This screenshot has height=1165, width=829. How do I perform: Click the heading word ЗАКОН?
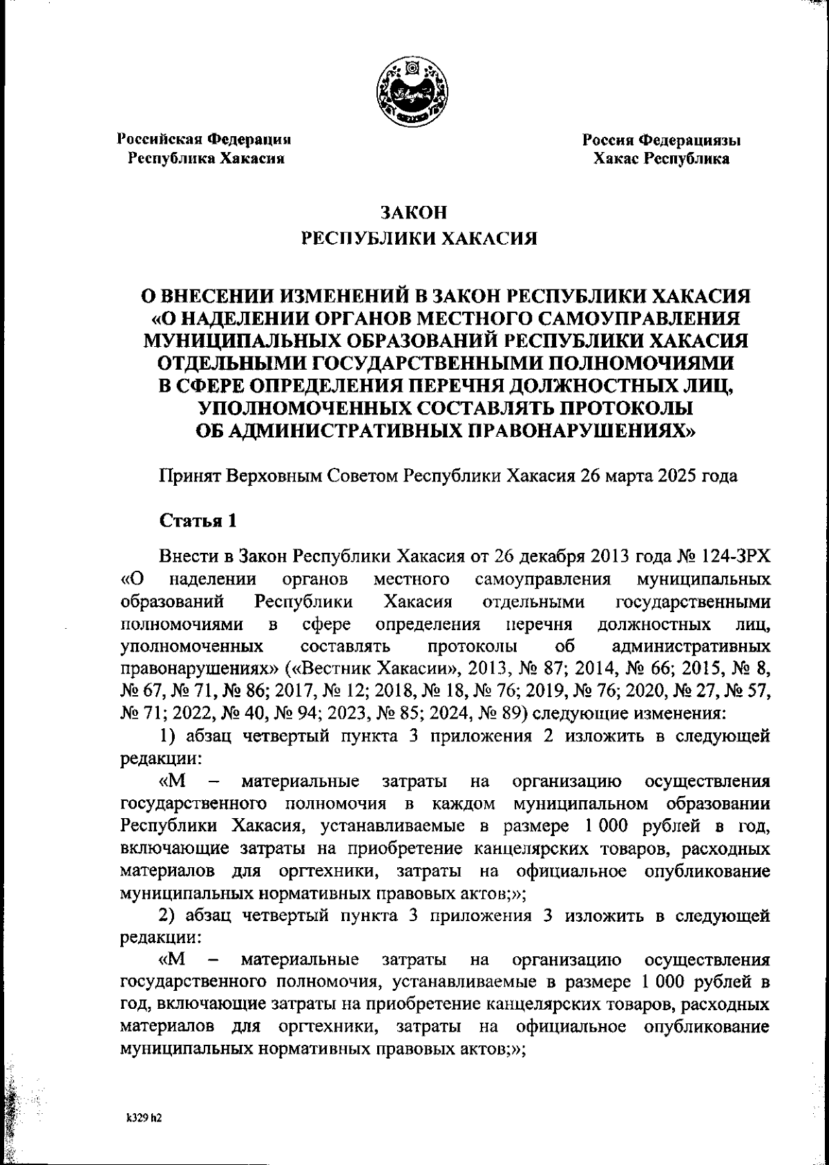click(414, 212)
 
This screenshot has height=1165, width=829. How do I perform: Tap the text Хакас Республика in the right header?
click(662, 159)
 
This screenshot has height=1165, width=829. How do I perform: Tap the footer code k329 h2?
click(143, 1119)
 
